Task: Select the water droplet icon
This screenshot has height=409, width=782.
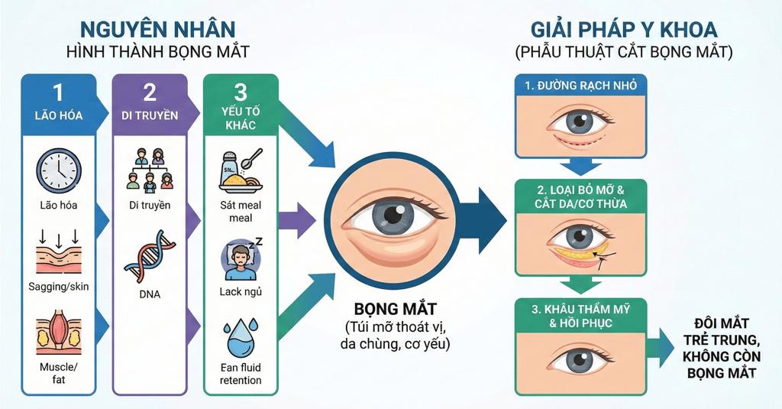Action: click(240, 339)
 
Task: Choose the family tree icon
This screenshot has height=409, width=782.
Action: click(150, 170)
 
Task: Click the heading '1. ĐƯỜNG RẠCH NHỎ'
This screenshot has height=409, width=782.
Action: click(581, 85)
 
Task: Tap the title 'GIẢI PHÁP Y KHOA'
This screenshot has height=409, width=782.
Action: click(623, 30)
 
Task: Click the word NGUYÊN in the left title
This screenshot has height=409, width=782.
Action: click(122, 29)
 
